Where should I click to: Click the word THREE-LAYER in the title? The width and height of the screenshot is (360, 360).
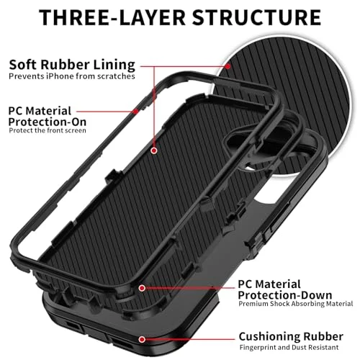click(x=112, y=17)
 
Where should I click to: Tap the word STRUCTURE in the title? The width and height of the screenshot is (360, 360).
click(x=257, y=17)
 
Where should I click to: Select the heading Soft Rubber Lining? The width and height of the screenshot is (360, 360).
click(x=72, y=65)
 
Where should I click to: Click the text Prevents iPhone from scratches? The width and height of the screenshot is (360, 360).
click(x=72, y=76)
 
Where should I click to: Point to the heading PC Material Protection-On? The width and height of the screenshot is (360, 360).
click(x=48, y=117)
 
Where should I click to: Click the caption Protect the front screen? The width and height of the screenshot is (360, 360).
click(x=48, y=130)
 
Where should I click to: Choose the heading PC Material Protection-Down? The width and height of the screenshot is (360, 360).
click(x=285, y=289)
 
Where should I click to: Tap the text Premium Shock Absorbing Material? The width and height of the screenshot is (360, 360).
click(x=296, y=304)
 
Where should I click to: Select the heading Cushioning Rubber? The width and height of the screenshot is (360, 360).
click(x=291, y=336)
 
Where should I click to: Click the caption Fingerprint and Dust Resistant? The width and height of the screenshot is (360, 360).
click(x=289, y=347)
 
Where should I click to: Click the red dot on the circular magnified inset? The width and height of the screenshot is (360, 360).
click(x=228, y=66)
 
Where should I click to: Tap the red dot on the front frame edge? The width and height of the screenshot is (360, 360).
click(x=136, y=112)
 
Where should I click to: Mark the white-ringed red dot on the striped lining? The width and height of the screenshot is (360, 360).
click(x=154, y=150)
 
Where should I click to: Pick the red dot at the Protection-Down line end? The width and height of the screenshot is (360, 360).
click(x=142, y=288)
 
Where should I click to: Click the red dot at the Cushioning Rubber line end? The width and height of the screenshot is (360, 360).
click(x=142, y=339)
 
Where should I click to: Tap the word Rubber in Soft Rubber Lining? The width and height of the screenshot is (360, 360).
click(x=65, y=64)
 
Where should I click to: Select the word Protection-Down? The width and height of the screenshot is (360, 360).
click(x=285, y=295)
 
